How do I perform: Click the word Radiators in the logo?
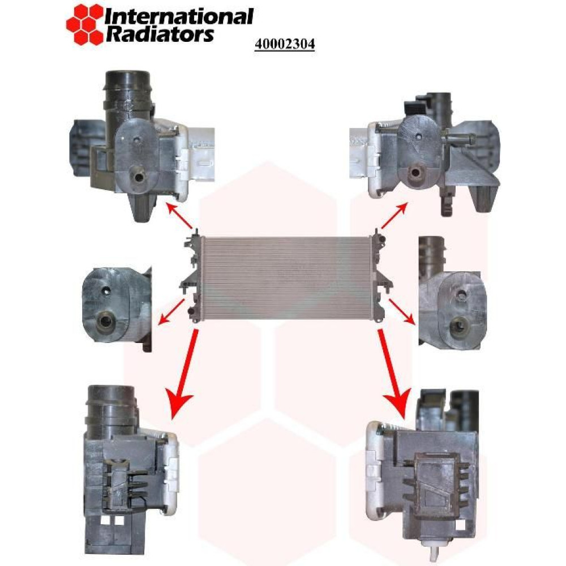pyautogui.click(x=160, y=35)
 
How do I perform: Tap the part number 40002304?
pyautogui.click(x=285, y=44)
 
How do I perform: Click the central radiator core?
pyautogui.click(x=285, y=278)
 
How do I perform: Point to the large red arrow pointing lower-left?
pyautogui.click(x=183, y=374)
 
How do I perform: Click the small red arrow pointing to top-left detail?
pyautogui.click(x=179, y=216)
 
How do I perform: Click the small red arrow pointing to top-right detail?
pyautogui.click(x=394, y=216)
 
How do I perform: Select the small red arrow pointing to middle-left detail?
pyautogui.click(x=172, y=311)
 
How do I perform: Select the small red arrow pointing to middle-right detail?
pyautogui.click(x=401, y=311)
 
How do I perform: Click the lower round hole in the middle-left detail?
pyautogui.click(x=106, y=319)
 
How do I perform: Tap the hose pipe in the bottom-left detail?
pyautogui.click(x=112, y=409)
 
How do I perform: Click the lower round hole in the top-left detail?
pyautogui.click(x=139, y=177)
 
